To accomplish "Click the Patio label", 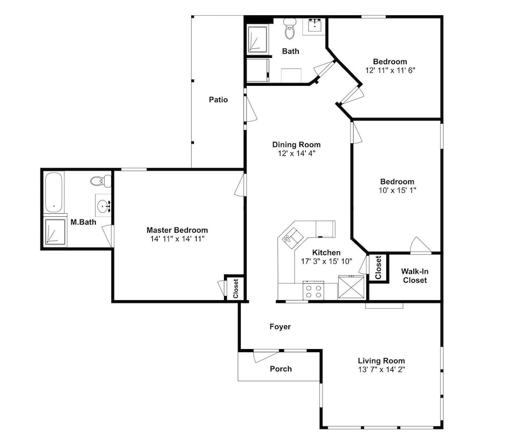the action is (x=218, y=100).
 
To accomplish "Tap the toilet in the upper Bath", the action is (x=289, y=28).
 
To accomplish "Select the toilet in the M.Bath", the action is (x=101, y=181).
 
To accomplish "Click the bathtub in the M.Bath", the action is (x=54, y=192).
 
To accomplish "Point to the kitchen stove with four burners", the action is (x=313, y=291).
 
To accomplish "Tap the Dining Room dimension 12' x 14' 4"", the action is (x=296, y=154).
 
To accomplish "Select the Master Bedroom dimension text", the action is (x=178, y=239).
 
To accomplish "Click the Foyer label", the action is (x=280, y=327).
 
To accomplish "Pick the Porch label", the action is (x=281, y=369).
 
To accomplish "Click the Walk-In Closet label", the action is (x=415, y=276).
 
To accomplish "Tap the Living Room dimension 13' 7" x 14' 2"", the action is (x=382, y=370).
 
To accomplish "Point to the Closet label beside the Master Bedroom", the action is (x=236, y=289).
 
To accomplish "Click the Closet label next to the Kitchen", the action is (x=378, y=267).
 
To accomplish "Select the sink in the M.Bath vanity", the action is (x=103, y=205).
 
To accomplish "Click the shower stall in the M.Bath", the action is (x=55, y=231).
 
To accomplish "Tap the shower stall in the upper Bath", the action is (x=258, y=39).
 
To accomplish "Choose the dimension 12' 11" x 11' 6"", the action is (x=390, y=71).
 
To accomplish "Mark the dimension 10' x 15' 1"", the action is (x=397, y=191).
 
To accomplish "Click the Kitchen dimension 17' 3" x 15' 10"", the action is (x=326, y=261).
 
